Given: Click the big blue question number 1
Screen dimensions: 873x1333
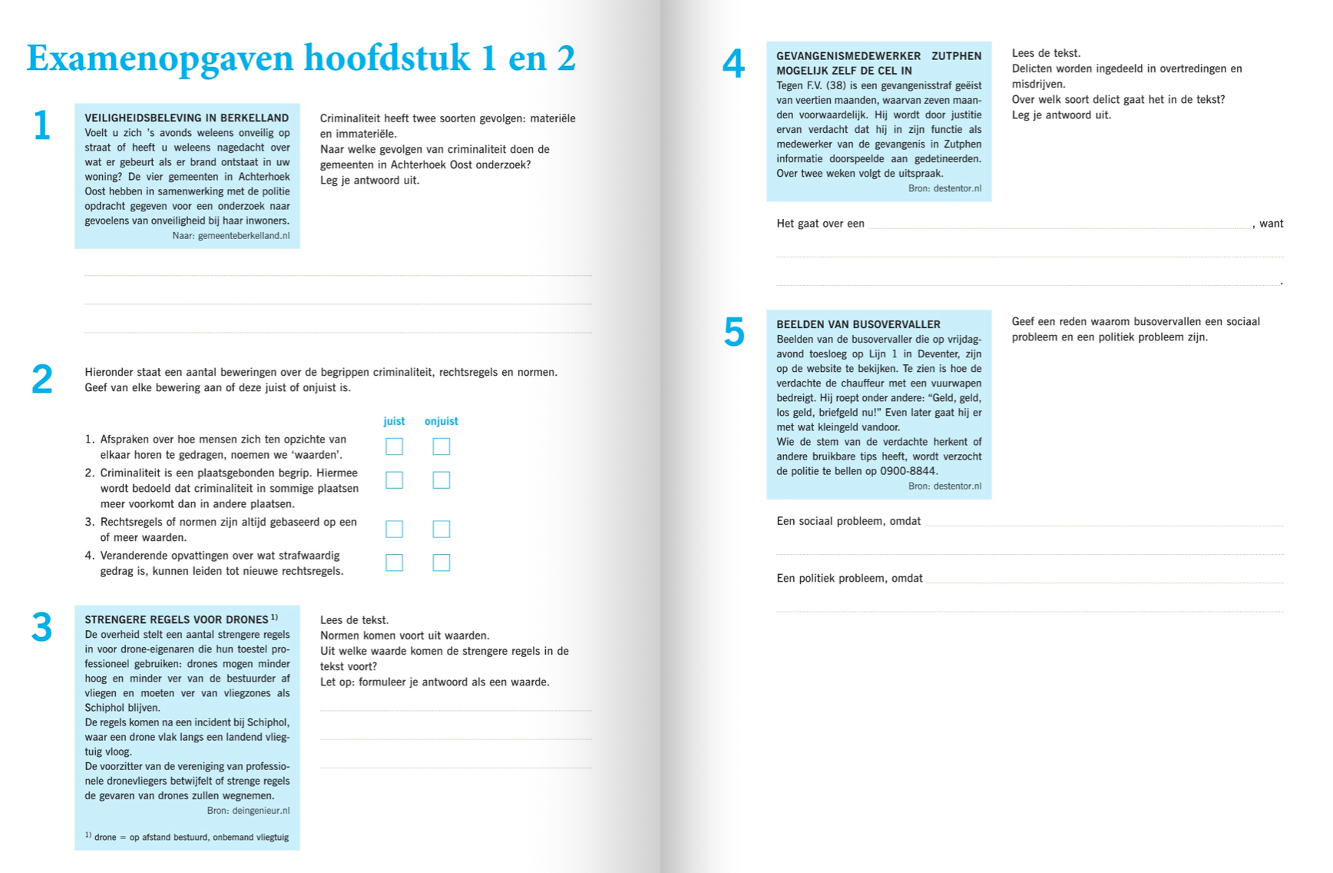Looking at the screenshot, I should [x=41, y=126].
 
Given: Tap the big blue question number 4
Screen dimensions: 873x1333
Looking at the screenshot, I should [x=733, y=64].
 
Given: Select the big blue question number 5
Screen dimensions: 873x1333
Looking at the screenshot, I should [x=734, y=333].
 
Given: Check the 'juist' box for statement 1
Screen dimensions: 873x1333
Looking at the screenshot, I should [x=394, y=446].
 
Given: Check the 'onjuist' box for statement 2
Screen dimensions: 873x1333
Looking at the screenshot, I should [x=441, y=480].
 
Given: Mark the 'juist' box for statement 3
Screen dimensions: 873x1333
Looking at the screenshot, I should [x=394, y=529].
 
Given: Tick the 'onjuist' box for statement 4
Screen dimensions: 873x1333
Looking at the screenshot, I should [x=441, y=563].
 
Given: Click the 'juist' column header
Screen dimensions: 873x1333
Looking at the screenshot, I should [x=394, y=421].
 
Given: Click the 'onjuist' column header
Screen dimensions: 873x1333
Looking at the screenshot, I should [x=441, y=421].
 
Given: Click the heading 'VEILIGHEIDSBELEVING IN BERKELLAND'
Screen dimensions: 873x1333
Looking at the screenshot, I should [x=187, y=118].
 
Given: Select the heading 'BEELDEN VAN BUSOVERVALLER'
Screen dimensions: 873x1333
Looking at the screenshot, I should [x=858, y=324].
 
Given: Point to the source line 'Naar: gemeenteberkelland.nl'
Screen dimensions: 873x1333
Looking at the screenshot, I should [x=231, y=236].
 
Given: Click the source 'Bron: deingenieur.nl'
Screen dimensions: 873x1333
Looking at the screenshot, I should [x=248, y=811].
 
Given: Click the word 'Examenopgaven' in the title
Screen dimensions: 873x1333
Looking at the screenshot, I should [x=160, y=58].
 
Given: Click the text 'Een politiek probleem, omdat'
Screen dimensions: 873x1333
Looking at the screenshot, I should [x=849, y=578].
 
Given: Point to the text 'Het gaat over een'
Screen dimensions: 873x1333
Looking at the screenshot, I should [x=820, y=224].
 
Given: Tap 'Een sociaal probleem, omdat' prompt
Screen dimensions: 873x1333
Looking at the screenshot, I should [x=848, y=521].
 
